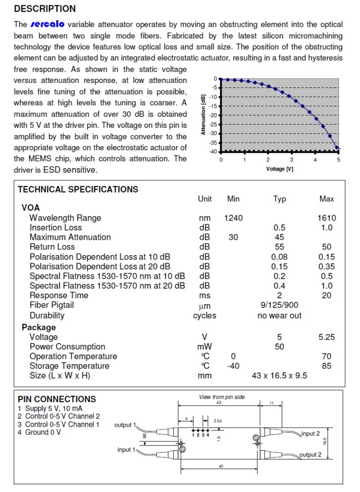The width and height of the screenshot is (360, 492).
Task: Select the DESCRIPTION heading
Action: tap(45, 9)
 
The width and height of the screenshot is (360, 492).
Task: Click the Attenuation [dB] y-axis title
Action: tap(204, 114)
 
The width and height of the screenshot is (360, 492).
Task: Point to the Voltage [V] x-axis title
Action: tap(280, 169)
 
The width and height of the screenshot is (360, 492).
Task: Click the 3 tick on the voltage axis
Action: tap(291, 160)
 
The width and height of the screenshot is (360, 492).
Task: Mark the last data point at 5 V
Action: tap(337, 148)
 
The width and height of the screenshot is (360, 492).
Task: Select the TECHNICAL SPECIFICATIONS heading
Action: tap(78, 189)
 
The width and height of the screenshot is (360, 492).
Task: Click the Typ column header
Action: tap(279, 199)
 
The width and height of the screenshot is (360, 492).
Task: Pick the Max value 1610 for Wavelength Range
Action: tap(326, 218)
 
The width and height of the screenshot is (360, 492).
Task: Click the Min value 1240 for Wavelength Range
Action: tap(233, 218)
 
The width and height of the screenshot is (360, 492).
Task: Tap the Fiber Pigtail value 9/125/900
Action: tap(279, 305)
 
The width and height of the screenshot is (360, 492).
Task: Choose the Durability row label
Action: tap(47, 316)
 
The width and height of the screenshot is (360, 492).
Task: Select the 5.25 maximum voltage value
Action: tap(326, 337)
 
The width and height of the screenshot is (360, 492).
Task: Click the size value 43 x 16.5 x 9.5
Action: tap(279, 375)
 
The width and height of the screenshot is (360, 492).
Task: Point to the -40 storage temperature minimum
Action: tap(233, 366)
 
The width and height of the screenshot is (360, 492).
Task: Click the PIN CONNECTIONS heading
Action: tap(57, 399)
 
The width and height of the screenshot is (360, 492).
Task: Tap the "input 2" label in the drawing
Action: tap(311, 434)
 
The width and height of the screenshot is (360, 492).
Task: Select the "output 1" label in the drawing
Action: tap(125, 425)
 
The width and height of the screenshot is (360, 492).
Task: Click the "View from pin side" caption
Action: tap(222, 397)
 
